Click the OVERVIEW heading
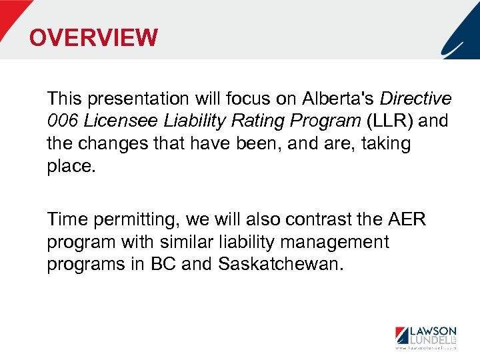point(93,37)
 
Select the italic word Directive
point(415,99)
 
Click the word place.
point(71,165)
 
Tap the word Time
point(65,220)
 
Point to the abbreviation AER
point(406,220)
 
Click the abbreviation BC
point(163,264)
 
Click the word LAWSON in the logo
point(433,331)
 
